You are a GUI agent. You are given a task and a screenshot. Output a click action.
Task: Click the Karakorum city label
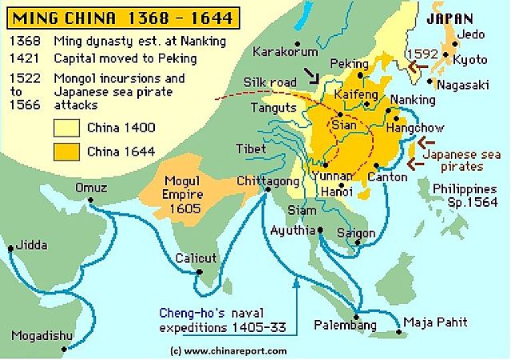pos(280,53)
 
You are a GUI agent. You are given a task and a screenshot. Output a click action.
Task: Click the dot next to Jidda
pos(10,248)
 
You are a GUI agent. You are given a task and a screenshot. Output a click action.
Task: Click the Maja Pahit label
pos(435,322)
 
